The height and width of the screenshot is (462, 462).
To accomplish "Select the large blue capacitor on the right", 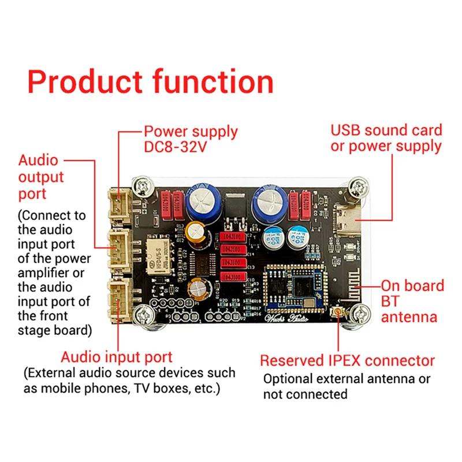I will [269, 200].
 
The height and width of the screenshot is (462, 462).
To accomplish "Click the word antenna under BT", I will [409, 316].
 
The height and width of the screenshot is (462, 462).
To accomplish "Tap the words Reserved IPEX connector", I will [347, 361].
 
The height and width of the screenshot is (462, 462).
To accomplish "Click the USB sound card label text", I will [386, 130].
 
